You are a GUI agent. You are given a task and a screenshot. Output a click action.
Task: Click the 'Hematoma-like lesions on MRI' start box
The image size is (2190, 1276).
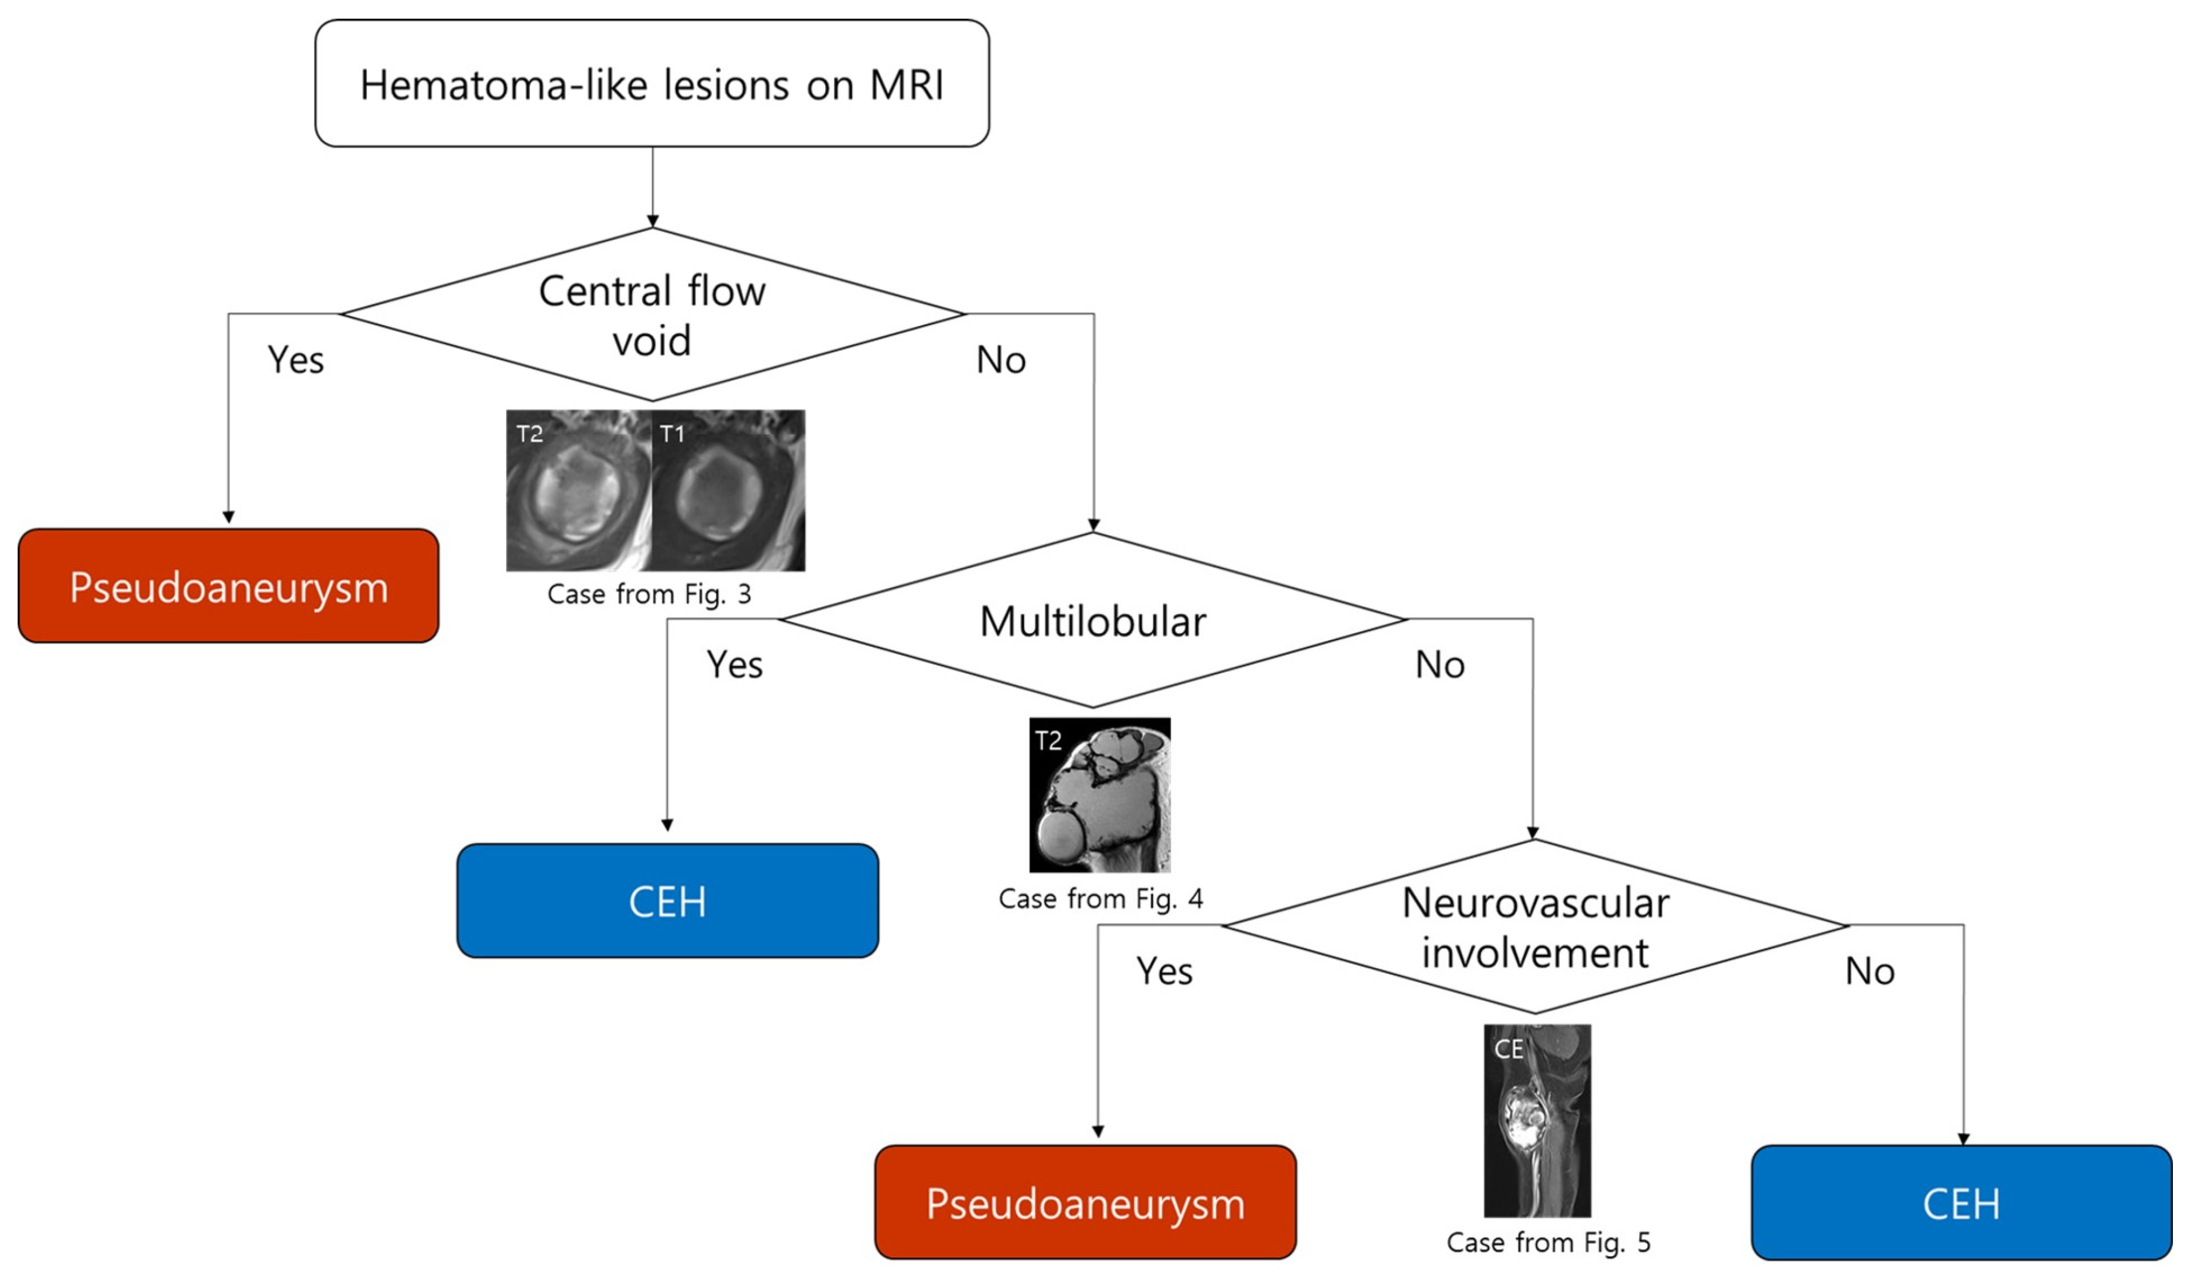652,84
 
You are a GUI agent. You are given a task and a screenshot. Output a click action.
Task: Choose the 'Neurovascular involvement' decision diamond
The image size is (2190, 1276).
1535,927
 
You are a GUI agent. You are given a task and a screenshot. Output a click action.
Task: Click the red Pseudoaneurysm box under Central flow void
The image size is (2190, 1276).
228,587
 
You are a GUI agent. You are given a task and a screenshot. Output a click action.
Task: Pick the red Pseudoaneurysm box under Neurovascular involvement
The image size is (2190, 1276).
1086,1203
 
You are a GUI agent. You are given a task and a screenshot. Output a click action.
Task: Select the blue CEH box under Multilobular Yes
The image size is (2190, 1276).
667,901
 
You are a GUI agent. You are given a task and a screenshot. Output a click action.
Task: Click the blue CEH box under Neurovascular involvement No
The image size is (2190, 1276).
1962,1203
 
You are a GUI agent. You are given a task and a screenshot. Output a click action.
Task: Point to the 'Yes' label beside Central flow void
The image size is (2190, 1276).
295,360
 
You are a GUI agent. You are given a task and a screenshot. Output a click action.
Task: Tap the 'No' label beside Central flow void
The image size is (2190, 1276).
1001,360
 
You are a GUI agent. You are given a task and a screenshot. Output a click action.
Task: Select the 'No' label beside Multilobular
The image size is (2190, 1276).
1440,665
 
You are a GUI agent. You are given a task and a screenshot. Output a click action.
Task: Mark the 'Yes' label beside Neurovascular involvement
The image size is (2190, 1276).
1165,971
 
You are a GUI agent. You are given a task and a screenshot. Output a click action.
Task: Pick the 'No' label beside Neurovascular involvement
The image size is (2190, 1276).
1870,971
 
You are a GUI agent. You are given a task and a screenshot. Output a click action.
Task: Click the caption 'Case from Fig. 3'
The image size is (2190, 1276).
649,594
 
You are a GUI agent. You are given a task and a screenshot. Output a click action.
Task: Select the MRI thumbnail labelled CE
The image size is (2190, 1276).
1537,1120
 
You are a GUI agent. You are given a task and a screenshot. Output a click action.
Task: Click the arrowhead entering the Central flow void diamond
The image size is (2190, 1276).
653,222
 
